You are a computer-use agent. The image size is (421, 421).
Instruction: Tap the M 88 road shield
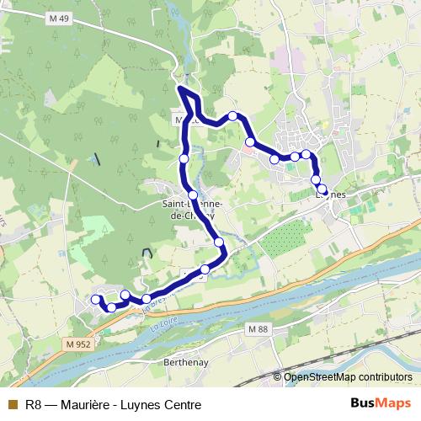pyautogui.click(x=255, y=328)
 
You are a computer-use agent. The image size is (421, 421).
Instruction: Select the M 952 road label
pyautogui.click(x=76, y=343)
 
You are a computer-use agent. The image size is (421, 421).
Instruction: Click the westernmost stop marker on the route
pyautogui.click(x=95, y=298)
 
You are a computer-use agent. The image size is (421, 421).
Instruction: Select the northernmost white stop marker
pyautogui.click(x=232, y=115)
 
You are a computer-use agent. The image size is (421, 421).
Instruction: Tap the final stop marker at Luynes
pyautogui.click(x=322, y=189)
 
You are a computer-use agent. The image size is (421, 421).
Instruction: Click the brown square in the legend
pyautogui.click(x=12, y=404)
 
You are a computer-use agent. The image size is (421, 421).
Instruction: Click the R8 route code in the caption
pyautogui.click(x=34, y=404)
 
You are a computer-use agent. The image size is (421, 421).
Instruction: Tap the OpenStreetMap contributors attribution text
pyautogui.click(x=348, y=377)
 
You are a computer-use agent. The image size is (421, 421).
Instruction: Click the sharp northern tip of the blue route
pyautogui.click(x=179, y=88)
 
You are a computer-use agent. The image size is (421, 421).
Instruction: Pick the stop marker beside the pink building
pyautogui.click(x=250, y=141)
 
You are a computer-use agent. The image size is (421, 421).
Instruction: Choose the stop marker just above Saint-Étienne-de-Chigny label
pyautogui.click(x=193, y=195)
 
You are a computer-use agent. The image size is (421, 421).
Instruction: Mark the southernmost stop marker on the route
pyautogui.click(x=111, y=307)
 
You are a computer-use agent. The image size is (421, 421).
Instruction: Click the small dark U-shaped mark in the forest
pyautogui.click(x=148, y=253)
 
